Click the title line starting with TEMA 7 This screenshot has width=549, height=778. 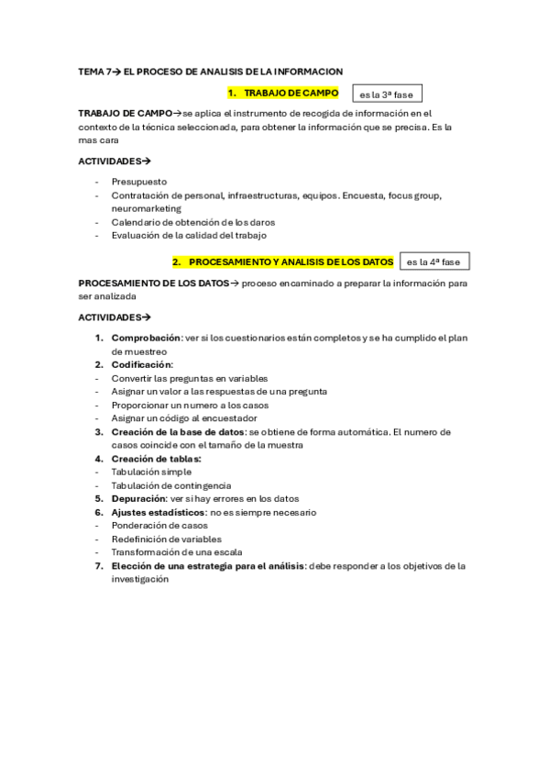pos(210,71)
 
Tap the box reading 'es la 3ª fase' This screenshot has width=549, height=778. pos(387,94)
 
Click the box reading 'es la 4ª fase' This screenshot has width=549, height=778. pos(434,262)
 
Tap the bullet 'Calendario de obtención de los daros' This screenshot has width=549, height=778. pos(192,222)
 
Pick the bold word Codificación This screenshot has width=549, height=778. pos(141,364)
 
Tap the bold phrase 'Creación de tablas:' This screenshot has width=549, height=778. pos(156,459)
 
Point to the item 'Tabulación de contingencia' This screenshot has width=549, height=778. pos(170,485)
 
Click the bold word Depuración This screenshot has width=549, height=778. pos(138,499)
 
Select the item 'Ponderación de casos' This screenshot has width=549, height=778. pos(159,526)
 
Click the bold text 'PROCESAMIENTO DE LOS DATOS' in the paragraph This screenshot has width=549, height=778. pos(153,283)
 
